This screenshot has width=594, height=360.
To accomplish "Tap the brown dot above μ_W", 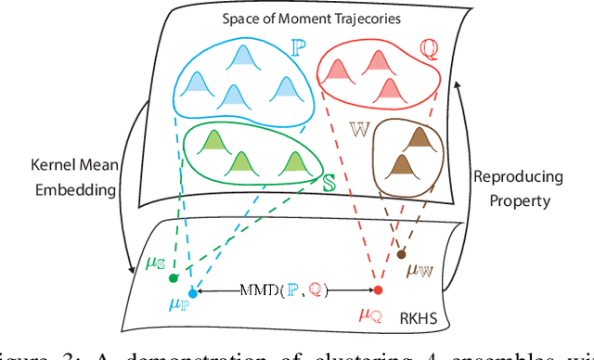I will coord(400,253).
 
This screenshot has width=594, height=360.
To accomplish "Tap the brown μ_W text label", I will coord(421,270).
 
